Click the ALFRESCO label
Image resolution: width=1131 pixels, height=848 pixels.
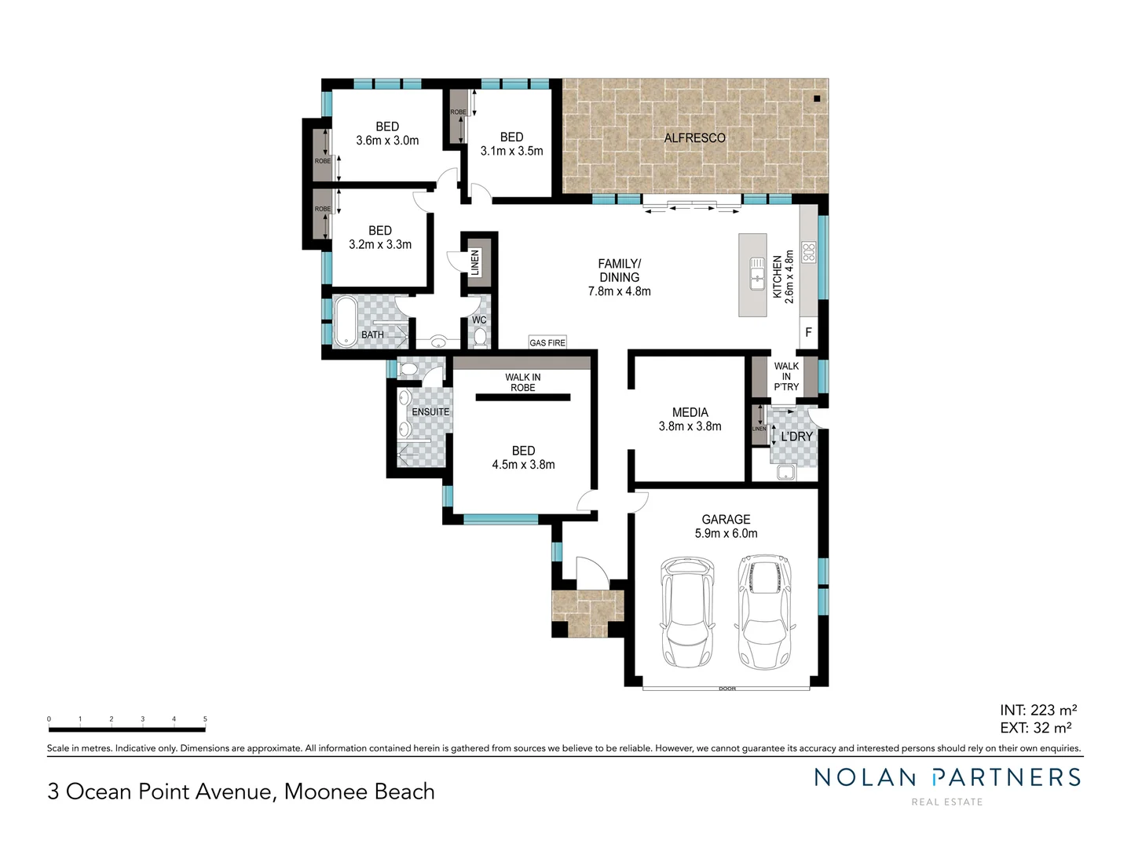[694, 138]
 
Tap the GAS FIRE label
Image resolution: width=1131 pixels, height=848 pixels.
[547, 343]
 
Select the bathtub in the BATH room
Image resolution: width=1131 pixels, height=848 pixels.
[346, 322]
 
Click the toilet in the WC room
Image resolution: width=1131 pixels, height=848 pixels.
[480, 337]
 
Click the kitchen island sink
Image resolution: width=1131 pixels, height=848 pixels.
[757, 273]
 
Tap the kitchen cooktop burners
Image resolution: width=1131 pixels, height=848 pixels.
[808, 253]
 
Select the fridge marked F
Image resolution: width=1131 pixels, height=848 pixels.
[808, 333]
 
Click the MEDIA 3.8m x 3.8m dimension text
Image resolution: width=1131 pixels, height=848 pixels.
[690, 426]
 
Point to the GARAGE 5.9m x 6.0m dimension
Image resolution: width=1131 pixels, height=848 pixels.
[726, 534]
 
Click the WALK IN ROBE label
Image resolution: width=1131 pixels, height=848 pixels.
[522, 382]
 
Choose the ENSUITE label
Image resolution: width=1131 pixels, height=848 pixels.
[430, 412]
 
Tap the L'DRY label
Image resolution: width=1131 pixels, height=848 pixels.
[796, 437]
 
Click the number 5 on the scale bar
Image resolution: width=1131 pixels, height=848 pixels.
[205, 719]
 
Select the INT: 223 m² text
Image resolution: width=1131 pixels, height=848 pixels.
[1038, 711]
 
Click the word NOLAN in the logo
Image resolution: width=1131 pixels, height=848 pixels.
[865, 778]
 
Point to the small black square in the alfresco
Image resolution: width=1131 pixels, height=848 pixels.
[817, 99]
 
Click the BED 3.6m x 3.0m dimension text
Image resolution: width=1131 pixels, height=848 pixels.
[387, 141]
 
